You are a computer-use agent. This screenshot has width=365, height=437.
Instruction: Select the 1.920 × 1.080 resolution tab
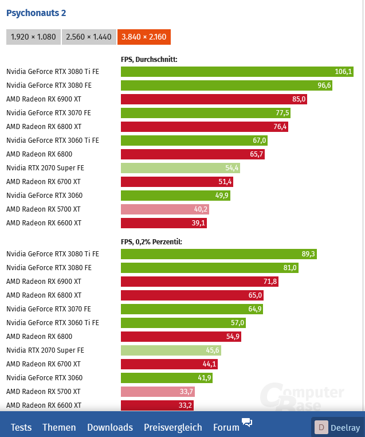33,37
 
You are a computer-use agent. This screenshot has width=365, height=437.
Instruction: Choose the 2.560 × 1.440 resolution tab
88,37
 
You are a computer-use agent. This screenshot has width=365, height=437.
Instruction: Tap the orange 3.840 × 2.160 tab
144,37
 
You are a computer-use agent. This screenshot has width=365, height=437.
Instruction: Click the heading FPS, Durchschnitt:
149,59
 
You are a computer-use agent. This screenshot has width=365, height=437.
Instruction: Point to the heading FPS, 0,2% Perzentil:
151,241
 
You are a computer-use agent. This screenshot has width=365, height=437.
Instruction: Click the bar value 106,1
343,72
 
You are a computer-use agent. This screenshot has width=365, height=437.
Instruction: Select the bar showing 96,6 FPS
226,85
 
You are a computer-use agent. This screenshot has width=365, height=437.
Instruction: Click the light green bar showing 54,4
180,168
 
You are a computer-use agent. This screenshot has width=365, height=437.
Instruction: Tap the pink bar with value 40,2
165,209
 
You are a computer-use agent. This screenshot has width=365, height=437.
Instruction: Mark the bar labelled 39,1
163,223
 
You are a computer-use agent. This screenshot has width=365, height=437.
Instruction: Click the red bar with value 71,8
199,282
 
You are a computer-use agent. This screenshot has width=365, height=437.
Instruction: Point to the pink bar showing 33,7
158,392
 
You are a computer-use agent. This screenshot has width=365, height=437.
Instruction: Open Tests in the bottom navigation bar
21,427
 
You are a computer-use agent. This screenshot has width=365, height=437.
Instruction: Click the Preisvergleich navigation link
172,427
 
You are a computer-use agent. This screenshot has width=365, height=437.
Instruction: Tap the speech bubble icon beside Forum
247,423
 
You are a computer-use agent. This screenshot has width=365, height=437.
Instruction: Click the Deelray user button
338,427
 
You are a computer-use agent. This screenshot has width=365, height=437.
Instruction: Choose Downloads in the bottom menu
110,427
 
